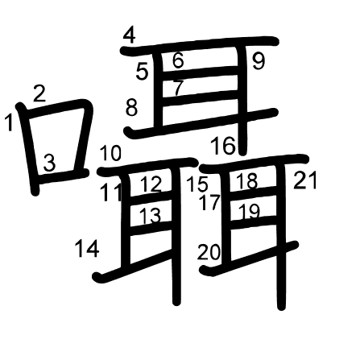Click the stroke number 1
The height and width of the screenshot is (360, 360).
click(9, 122)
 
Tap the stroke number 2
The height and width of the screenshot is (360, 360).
click(39, 93)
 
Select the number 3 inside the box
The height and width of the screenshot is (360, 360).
click(49, 163)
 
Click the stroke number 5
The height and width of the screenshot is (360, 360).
click(142, 72)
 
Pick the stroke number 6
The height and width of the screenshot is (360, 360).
click(178, 60)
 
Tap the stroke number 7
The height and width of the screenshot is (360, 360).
click(178, 88)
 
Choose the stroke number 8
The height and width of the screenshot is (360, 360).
click(131, 107)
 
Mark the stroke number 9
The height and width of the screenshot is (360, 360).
click(259, 61)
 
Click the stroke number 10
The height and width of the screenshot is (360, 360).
click(110, 153)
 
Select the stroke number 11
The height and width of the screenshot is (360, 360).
click(110, 193)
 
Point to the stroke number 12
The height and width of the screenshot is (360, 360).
click(151, 184)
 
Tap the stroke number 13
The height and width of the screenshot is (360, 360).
click(151, 216)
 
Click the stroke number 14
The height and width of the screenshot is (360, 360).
click(87, 248)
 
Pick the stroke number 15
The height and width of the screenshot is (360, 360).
click(197, 184)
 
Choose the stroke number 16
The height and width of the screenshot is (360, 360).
click(223, 145)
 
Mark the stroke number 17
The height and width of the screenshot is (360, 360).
click(209, 202)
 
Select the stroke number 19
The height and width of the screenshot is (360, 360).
click(249, 211)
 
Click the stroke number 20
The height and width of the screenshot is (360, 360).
click(209, 252)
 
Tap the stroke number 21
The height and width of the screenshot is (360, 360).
click(305, 180)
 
